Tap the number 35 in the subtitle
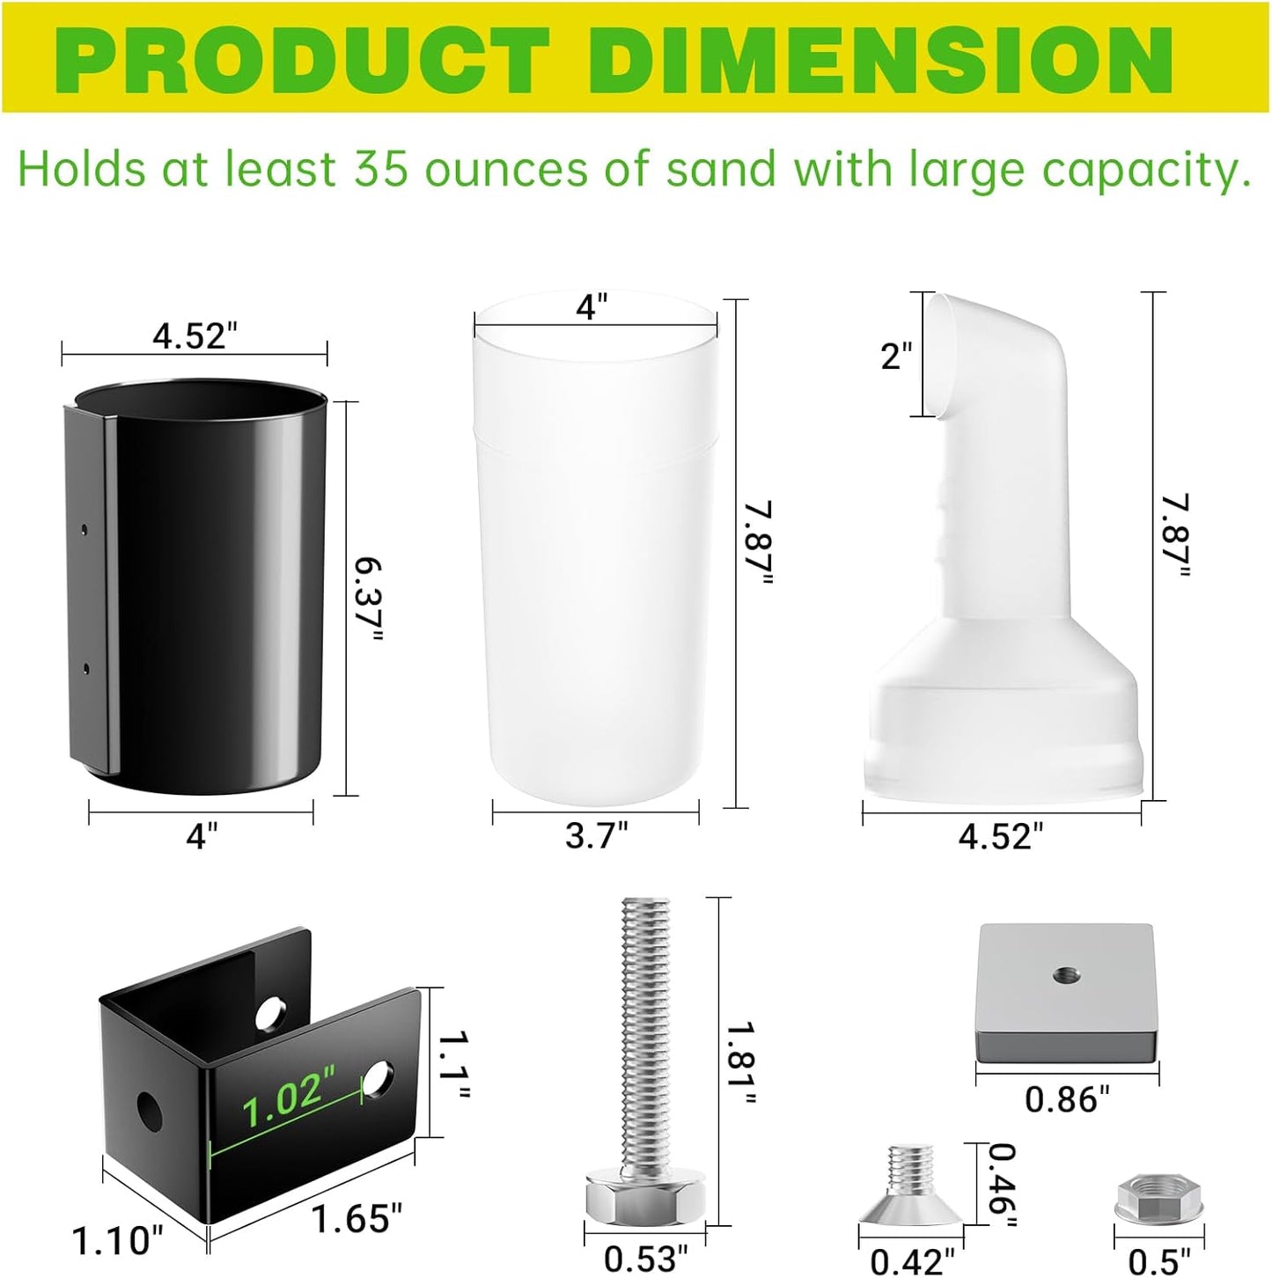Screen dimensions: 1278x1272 (381, 169)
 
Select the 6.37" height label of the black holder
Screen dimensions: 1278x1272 (369, 599)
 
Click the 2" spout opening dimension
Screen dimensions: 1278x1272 (896, 356)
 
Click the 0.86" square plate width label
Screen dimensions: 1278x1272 (1067, 1099)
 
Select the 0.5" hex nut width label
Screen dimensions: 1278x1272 (1159, 1260)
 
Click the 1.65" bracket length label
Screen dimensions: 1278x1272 (357, 1218)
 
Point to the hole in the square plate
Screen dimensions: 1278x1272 (1065, 973)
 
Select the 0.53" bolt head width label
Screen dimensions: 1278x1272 (645, 1260)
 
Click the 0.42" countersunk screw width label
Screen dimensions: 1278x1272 (911, 1261)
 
